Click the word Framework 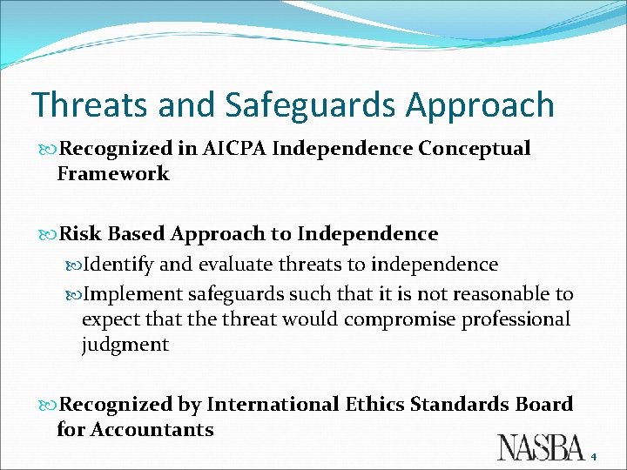[x=113, y=174]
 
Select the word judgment [x=125, y=345]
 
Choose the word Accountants [x=152, y=430]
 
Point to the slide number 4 [x=595, y=455]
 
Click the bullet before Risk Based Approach [x=49, y=235]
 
